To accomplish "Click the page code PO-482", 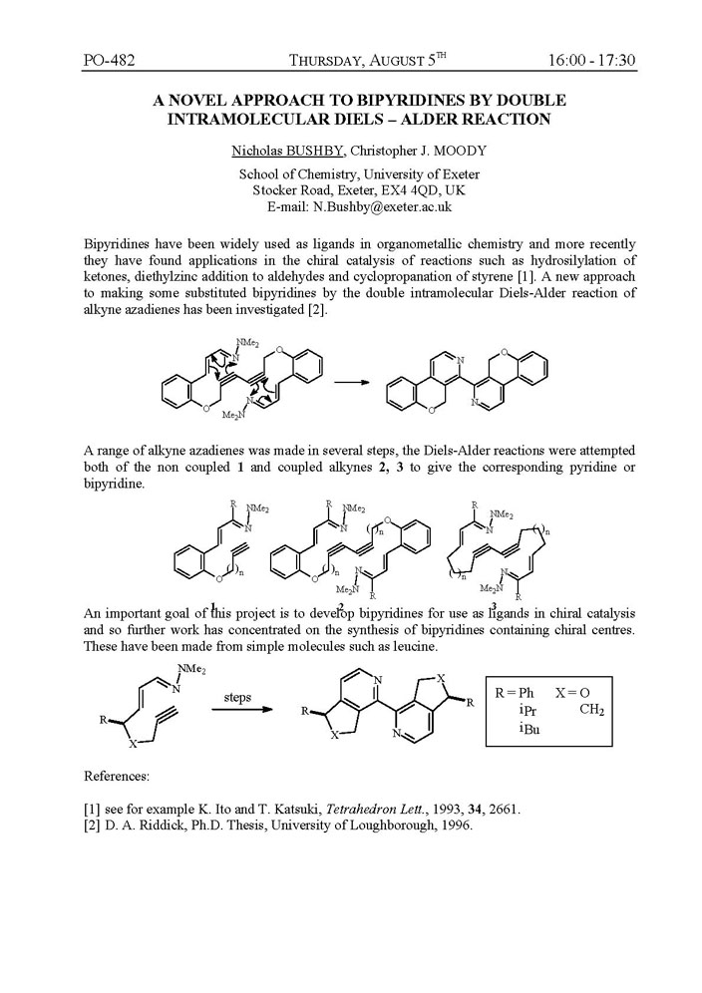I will coord(110,61).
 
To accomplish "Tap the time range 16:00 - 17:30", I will coord(591,61).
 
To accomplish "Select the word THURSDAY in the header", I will coord(325,62).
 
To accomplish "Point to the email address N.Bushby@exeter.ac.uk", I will coord(360,207).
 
